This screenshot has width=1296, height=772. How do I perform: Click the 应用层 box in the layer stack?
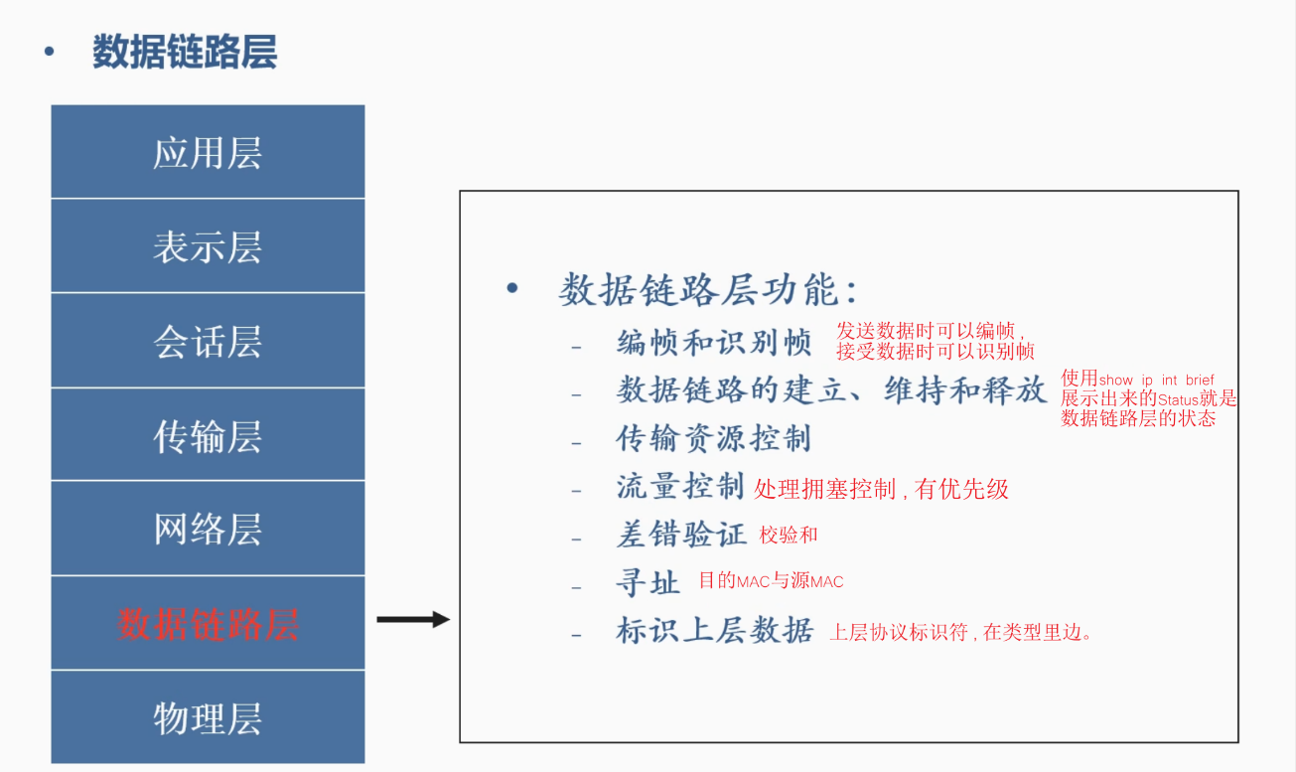click(x=208, y=153)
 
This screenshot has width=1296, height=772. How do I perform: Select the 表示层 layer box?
click(x=208, y=246)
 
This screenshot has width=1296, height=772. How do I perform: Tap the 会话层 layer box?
click(x=208, y=341)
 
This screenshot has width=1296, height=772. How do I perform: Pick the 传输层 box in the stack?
click(x=208, y=435)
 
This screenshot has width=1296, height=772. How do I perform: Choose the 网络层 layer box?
click(x=208, y=529)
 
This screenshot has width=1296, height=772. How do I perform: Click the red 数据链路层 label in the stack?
click(x=208, y=624)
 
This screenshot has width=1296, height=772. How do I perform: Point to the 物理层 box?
click(x=208, y=717)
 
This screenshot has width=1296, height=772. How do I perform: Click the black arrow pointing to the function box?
click(x=413, y=620)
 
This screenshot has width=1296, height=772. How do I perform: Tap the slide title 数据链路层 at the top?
click(x=184, y=52)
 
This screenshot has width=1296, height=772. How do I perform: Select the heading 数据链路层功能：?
click(x=708, y=290)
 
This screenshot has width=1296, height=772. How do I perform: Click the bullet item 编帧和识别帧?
click(x=714, y=343)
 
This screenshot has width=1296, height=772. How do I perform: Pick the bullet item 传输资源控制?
click(x=714, y=438)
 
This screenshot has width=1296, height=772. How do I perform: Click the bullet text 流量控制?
click(x=680, y=486)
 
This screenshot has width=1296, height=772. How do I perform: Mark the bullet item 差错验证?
click(x=680, y=535)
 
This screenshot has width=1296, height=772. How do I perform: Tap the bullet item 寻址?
click(x=648, y=582)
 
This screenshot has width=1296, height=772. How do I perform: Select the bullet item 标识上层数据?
click(x=714, y=630)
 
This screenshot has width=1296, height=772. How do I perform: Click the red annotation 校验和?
click(x=789, y=536)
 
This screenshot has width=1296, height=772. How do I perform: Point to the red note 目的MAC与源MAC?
click(x=771, y=581)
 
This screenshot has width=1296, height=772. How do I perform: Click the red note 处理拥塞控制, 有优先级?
click(x=881, y=488)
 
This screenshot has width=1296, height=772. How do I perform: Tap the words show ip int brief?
click(x=1157, y=380)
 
